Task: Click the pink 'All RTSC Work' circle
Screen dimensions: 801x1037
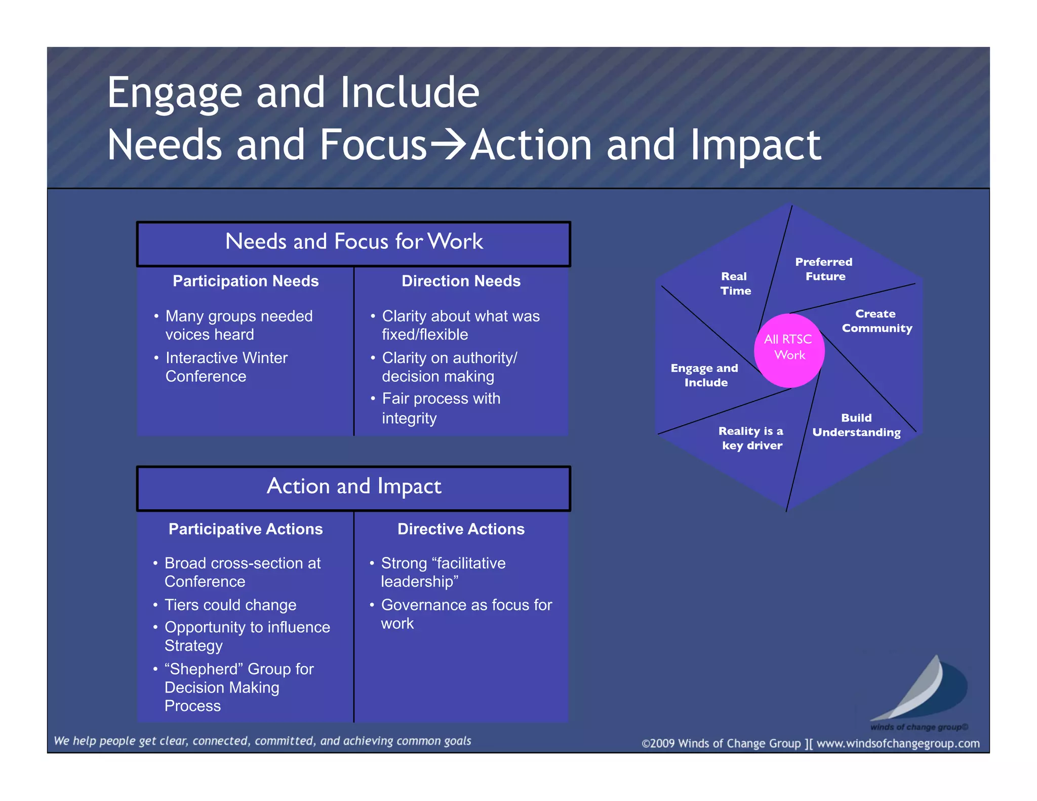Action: (789, 350)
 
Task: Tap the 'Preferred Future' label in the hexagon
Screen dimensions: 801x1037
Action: (824, 269)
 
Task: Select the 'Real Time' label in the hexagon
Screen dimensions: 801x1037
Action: (735, 284)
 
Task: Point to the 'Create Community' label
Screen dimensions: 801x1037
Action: (876, 321)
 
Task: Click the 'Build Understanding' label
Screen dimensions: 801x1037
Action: (856, 425)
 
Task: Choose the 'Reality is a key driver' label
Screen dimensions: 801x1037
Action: (751, 438)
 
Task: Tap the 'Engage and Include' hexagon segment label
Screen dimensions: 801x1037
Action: (705, 375)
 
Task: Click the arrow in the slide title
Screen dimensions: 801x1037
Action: (448, 145)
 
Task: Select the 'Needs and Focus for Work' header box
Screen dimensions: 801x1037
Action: (354, 244)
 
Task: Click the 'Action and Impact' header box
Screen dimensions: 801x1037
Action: (354, 488)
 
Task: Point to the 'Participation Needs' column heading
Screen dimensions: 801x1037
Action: (246, 281)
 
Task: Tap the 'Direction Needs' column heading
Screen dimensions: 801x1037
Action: (461, 281)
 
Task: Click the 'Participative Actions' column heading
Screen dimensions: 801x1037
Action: (246, 529)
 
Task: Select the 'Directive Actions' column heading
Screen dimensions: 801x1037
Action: (461, 529)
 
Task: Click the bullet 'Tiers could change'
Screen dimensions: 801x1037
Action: (230, 605)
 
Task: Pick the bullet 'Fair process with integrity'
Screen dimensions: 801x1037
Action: (441, 408)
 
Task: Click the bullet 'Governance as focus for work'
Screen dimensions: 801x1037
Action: (466, 614)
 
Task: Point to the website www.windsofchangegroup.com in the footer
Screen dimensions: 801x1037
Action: (898, 743)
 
